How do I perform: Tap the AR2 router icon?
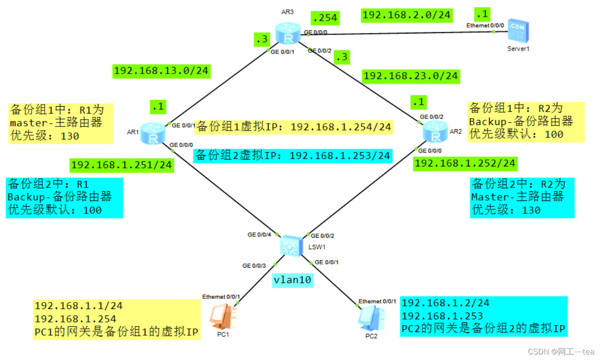coord(433,133)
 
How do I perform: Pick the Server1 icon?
coord(518,33)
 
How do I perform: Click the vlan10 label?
coord(293,280)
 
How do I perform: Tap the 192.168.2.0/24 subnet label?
coord(406,15)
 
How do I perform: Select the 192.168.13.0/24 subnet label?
coord(161,70)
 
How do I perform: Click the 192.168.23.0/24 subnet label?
coord(411,75)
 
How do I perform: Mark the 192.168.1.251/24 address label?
coord(122,165)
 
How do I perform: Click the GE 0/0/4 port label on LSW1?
coord(259,234)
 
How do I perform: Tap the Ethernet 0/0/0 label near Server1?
coord(485,25)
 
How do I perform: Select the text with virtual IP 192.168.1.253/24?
coord(293,155)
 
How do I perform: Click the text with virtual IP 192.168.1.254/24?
coord(294,126)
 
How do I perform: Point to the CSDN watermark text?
coord(561,352)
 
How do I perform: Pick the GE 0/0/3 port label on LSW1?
coord(254,265)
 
